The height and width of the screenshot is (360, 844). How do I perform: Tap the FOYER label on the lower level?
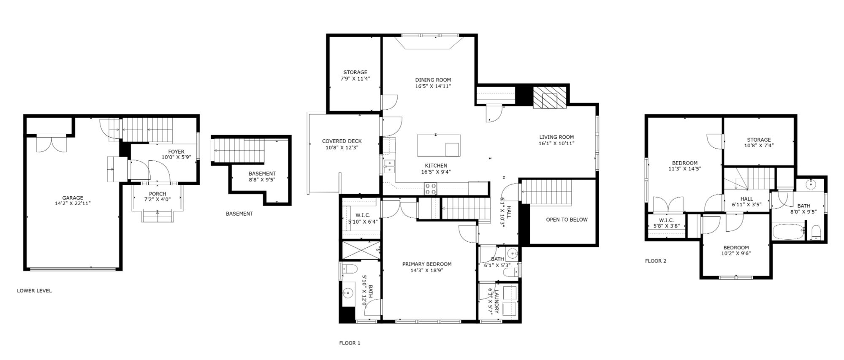pyautogui.click(x=176, y=152)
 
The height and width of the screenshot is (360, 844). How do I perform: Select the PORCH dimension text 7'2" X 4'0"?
pyautogui.click(x=157, y=200)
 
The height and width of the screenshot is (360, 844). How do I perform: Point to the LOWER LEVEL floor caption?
pyautogui.click(x=34, y=291)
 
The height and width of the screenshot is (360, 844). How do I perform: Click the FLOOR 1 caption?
pyautogui.click(x=350, y=343)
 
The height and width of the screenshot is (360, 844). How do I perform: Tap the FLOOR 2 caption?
pyautogui.click(x=656, y=261)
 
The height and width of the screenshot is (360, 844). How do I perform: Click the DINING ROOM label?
pyautogui.click(x=433, y=80)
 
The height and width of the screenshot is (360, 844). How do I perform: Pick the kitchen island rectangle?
pyautogui.click(x=439, y=145)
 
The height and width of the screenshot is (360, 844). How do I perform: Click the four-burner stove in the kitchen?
pyautogui.click(x=431, y=188)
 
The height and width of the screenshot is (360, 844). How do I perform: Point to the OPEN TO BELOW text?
pyautogui.click(x=567, y=219)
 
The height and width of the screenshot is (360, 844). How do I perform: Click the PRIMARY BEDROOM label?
pyautogui.click(x=427, y=264)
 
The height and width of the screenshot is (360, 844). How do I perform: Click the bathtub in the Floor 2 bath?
pyautogui.click(x=789, y=232)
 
